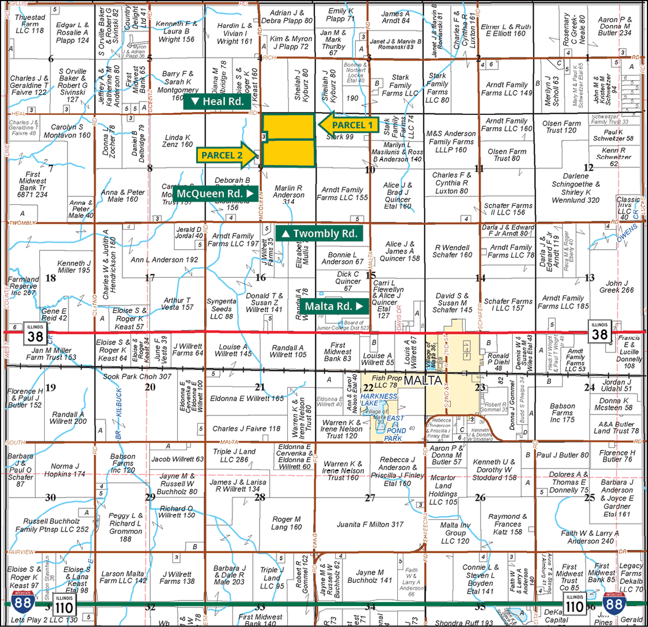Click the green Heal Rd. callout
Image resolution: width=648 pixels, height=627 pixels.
coord(216,101)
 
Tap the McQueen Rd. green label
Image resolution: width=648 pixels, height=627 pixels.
coord(215,193)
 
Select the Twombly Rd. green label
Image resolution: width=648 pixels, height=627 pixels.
coord(319,234)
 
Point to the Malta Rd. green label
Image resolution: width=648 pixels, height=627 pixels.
coord(334,306)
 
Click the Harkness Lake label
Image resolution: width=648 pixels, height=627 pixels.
coord(379,399)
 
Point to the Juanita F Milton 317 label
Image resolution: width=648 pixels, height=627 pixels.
coord(370,524)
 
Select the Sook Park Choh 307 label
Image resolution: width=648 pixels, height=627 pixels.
coord(137,376)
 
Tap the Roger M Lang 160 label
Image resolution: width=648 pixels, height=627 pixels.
coord(286,523)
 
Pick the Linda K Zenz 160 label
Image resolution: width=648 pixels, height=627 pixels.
coord(177,141)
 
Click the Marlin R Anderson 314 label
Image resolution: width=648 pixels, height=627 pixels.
coord(288,195)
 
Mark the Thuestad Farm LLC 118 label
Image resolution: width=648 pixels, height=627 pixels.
coord(30,24)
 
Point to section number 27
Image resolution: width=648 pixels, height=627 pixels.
coord(370,498)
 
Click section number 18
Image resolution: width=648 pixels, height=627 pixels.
coord(50,278)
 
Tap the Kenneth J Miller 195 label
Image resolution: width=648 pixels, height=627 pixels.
coord(74,267)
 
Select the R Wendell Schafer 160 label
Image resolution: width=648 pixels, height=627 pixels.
coord(452,251)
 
